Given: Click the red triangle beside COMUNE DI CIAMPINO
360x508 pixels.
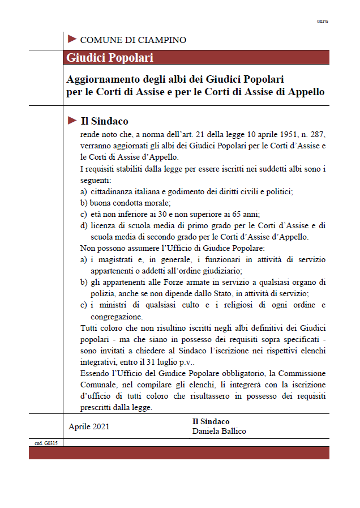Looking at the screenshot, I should (72, 39).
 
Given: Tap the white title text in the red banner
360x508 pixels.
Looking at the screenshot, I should (110, 58).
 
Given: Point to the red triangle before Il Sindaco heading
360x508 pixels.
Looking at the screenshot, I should (72, 120).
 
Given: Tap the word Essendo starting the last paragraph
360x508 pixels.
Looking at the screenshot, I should (96, 373).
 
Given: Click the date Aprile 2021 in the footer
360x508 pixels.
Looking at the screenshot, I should (89, 426).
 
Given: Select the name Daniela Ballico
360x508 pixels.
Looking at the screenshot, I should (220, 432).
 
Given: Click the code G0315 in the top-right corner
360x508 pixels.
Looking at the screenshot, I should (323, 21).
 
